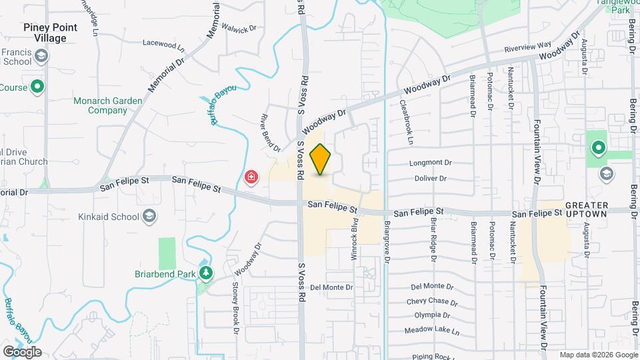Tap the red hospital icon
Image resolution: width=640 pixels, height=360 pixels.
pos(251,177)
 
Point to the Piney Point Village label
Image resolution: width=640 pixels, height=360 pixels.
pos(50,33)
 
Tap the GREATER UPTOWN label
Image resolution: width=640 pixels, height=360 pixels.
pos(586,209)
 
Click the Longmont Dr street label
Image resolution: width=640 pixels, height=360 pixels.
pos(429,163)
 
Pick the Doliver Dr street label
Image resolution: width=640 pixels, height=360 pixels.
pos(429,179)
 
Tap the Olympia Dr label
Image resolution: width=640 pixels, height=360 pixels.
pos(432,315)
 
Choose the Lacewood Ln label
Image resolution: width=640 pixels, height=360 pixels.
pos(163,44)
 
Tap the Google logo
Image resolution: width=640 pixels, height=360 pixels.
pos(21,351)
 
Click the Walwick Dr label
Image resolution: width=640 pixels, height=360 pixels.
pos(242,30)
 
